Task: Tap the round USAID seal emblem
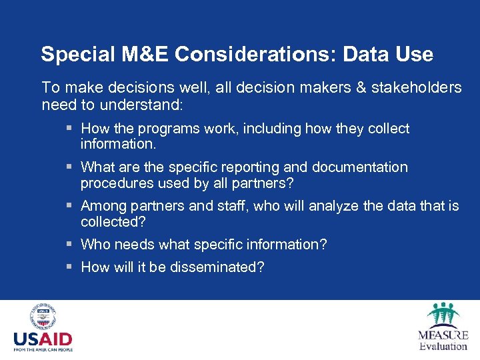(43, 317)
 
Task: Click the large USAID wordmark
(43, 339)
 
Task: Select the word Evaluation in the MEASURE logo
(443, 346)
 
